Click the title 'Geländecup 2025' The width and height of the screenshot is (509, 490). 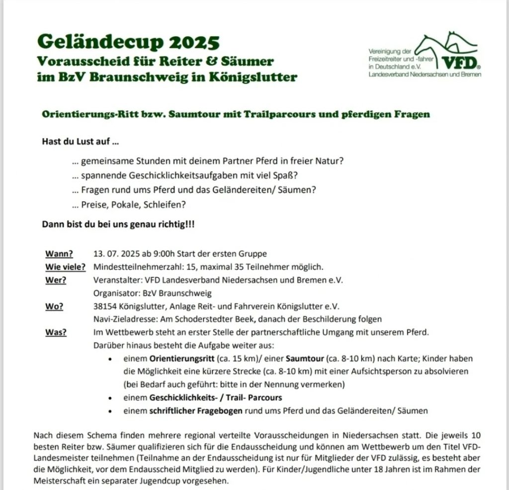tap(128, 43)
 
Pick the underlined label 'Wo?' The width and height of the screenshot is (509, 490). tap(54, 306)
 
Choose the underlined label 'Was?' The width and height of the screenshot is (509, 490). tap(56, 332)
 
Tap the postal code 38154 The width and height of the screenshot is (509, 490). tap(105, 306)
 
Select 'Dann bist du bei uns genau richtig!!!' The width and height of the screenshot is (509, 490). tap(118, 224)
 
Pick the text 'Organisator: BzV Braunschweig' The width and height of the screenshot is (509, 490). tap(153, 293)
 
